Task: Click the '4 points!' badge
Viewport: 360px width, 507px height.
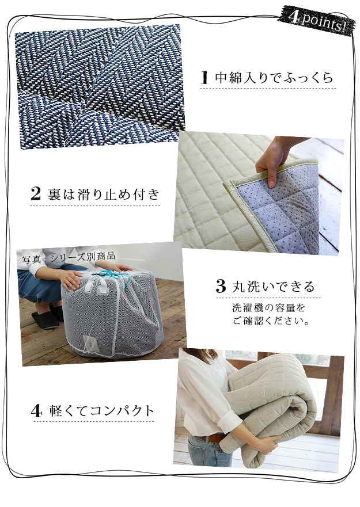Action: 316,20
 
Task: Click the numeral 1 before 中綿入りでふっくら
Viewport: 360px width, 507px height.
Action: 204,77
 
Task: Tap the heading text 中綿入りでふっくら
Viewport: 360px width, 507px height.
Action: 274,78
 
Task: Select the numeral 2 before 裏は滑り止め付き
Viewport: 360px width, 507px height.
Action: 36,194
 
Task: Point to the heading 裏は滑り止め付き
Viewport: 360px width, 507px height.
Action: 104,194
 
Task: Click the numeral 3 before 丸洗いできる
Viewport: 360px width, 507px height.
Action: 221,286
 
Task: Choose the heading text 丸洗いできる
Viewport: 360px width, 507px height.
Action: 273,287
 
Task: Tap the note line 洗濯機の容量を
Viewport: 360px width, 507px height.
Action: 269,307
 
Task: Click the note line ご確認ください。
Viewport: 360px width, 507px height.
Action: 270,321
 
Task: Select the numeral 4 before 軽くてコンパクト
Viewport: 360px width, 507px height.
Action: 37,411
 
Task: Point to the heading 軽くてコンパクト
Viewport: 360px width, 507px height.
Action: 101,411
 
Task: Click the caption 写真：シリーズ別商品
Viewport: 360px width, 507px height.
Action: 69,257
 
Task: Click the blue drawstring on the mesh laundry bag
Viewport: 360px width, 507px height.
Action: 116,276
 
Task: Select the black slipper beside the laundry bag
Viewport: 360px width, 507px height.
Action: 46,320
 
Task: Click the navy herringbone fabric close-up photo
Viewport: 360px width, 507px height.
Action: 100,87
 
